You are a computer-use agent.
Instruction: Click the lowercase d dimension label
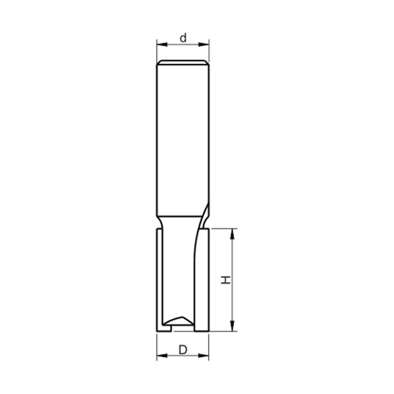[x=183, y=38]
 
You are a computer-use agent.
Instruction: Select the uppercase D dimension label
[x=183, y=350]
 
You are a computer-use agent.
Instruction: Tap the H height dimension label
[x=226, y=280]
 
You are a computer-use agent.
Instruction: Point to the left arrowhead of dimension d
[x=160, y=44]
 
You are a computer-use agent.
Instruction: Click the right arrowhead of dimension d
[x=206, y=44]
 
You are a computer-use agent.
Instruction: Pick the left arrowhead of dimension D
[x=160, y=356]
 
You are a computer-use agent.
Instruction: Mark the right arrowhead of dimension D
[x=205, y=356]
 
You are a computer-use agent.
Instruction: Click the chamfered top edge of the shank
[x=183, y=61]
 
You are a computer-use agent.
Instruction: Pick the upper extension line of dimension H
[x=222, y=229]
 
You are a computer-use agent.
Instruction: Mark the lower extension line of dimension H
[x=222, y=331]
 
